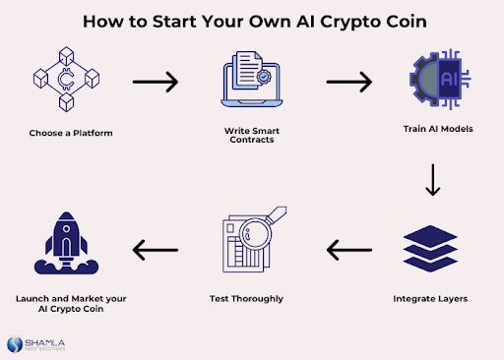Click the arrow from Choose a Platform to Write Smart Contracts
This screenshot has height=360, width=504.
pyautogui.click(x=156, y=82)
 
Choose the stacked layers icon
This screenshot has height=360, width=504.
pyautogui.click(x=432, y=251)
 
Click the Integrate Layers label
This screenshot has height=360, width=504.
pyautogui.click(x=431, y=298)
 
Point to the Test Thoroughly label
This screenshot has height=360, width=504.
pyautogui.click(x=247, y=298)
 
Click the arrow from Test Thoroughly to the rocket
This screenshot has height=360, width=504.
pyautogui.click(x=156, y=252)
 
